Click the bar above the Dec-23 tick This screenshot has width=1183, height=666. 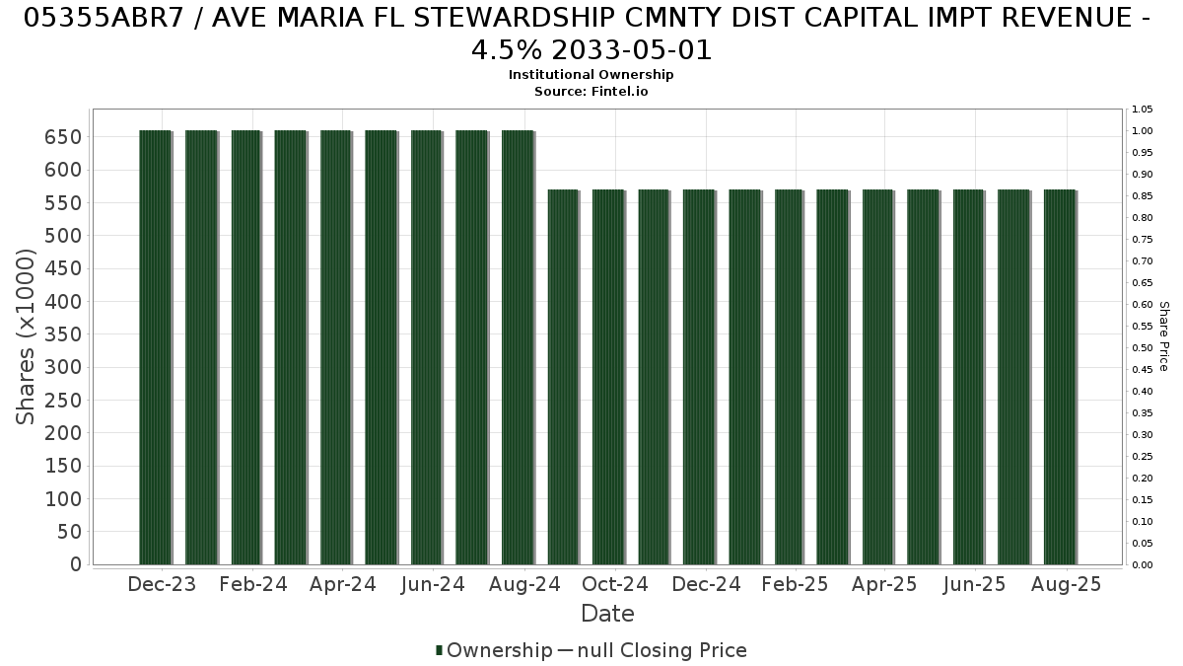[156, 347]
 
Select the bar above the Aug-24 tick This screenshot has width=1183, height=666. [519, 347]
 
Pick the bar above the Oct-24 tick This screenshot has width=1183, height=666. [609, 377]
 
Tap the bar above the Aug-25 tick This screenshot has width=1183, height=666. [1061, 377]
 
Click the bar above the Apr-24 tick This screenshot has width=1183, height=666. [336, 347]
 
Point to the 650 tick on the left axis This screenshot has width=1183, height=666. [63, 137]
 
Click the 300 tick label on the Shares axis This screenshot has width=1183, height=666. [63, 367]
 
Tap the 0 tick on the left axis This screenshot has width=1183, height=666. [76, 564]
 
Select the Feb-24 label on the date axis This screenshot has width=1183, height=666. [253, 584]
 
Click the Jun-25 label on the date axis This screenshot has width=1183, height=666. [975, 584]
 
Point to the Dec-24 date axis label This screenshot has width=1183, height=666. [706, 584]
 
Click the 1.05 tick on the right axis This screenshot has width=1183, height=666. [1142, 110]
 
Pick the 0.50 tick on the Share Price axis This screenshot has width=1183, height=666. [1142, 347]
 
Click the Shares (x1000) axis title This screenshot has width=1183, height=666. [25, 336]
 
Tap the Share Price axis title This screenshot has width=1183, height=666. [1164, 336]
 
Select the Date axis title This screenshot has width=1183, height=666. [607, 614]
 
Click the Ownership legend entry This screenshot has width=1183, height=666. [494, 650]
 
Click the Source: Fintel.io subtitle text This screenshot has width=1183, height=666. [591, 92]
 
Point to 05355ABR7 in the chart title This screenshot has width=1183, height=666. [103, 18]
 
